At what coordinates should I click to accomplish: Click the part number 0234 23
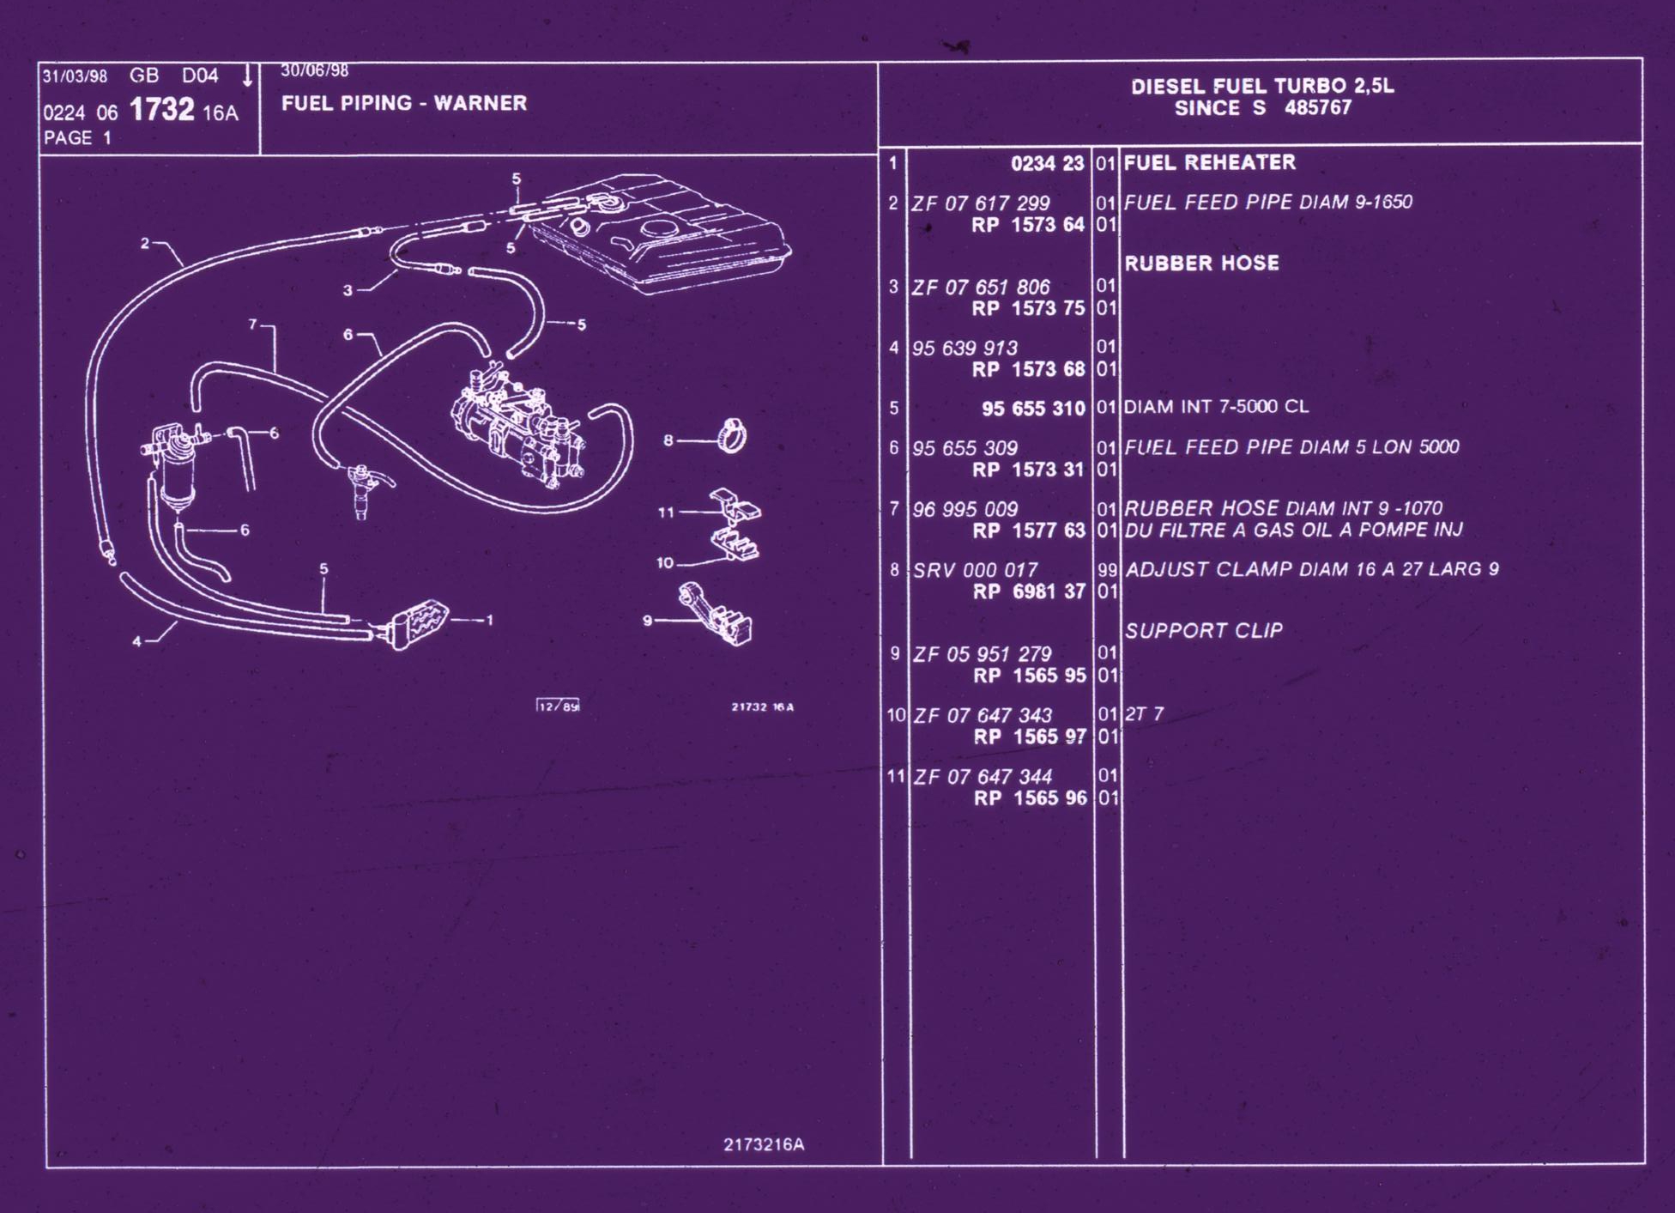point(1047,163)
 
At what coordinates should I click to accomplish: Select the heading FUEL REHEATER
point(1210,162)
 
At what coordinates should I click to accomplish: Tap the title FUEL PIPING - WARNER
point(404,103)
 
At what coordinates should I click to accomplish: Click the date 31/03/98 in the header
point(76,76)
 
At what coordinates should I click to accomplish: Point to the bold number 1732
point(162,109)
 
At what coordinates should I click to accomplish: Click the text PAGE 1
point(78,137)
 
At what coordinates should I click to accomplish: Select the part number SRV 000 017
point(976,570)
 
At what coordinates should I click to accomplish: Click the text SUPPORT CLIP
point(1204,631)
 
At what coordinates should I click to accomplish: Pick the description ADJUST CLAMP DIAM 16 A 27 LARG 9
point(1312,569)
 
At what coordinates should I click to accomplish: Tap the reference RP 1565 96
point(1031,798)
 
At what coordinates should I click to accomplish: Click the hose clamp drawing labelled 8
point(732,435)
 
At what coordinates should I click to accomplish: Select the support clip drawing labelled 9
point(716,614)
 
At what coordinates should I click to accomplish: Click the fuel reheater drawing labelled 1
point(417,624)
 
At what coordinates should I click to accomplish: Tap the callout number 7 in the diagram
point(253,324)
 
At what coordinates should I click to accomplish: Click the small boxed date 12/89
point(559,706)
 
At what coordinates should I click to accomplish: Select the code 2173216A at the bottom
point(764,1144)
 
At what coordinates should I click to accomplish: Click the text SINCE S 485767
point(1263,108)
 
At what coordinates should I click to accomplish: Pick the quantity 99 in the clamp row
point(1107,570)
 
